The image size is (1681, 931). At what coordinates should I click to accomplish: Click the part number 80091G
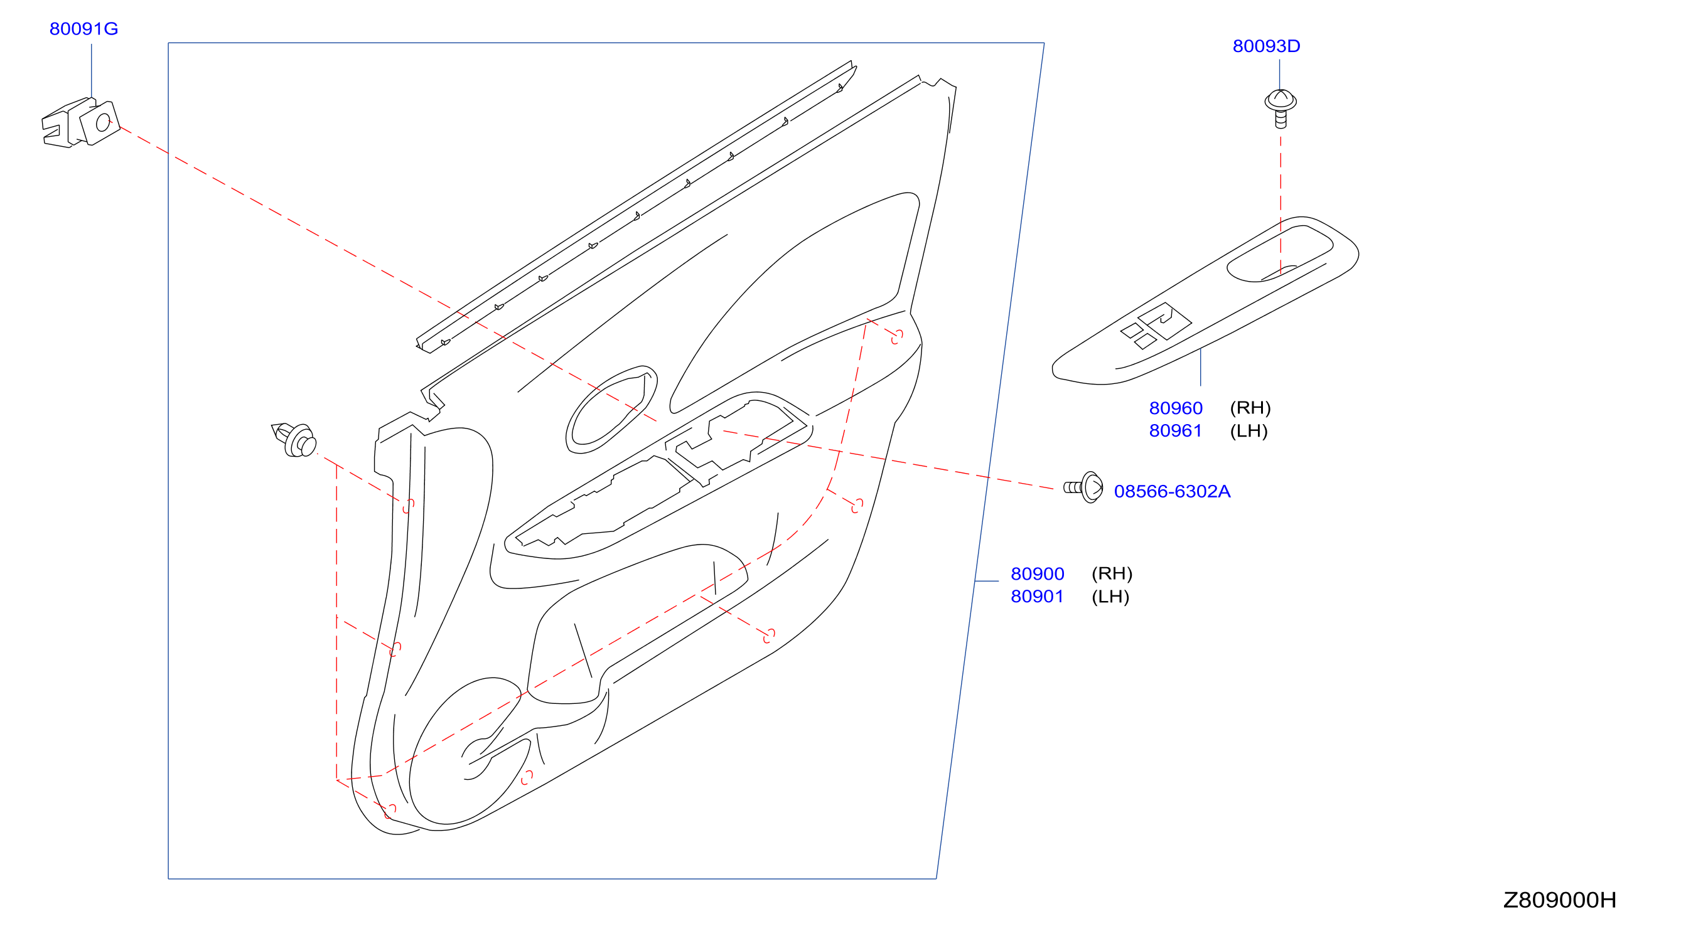tap(83, 29)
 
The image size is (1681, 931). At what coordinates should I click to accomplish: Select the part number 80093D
tap(1266, 46)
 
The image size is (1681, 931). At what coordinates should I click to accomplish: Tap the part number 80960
tap(1175, 408)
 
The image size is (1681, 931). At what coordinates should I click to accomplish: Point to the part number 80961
tap(1175, 431)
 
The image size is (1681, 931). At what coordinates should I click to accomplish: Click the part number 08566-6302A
tap(1172, 492)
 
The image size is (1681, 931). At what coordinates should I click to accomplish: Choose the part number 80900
tap(1037, 574)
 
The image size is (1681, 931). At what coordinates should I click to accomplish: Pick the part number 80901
tap(1037, 597)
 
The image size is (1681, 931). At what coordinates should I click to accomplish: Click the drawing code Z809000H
tap(1560, 900)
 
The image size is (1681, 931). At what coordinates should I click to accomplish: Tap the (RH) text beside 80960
tap(1250, 408)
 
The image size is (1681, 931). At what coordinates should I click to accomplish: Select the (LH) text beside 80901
tap(1110, 597)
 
